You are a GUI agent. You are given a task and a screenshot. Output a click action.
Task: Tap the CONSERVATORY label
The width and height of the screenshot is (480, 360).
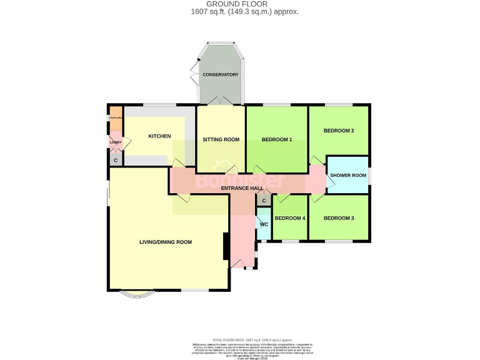click(x=220, y=75)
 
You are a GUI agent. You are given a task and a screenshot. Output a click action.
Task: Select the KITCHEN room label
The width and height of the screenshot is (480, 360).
click(x=159, y=136)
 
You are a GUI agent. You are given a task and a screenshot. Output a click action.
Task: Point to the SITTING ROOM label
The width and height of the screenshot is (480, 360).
click(x=221, y=139)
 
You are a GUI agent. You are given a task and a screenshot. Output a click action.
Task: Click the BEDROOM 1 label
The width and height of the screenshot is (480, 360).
click(x=277, y=139)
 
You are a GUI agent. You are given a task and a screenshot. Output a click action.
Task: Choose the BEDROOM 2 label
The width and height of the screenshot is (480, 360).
click(x=339, y=131)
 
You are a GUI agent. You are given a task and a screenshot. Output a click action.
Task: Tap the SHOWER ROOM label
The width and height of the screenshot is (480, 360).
click(x=347, y=175)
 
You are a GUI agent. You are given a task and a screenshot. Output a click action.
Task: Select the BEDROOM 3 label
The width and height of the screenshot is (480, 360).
click(x=339, y=218)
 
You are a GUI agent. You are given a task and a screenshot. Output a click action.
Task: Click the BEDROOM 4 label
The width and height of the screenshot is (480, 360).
click(x=290, y=218)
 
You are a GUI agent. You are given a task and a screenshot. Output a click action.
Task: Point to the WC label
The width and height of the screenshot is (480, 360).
click(x=264, y=224)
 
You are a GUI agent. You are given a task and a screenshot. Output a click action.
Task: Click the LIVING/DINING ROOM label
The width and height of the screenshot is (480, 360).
click(x=165, y=242)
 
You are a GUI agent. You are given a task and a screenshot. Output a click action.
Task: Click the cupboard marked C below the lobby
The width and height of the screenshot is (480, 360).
click(x=116, y=160)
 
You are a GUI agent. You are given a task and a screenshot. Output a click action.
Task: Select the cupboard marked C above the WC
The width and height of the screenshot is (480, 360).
click(x=264, y=201)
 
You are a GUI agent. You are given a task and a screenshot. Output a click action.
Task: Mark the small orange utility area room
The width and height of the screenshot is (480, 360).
click(x=116, y=119)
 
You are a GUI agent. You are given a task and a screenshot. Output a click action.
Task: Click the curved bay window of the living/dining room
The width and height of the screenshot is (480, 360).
click(x=135, y=295)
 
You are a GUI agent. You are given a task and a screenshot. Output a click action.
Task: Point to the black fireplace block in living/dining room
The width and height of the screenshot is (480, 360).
click(x=226, y=246)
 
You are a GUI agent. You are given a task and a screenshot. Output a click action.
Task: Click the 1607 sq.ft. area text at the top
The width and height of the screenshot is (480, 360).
click(x=244, y=12)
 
